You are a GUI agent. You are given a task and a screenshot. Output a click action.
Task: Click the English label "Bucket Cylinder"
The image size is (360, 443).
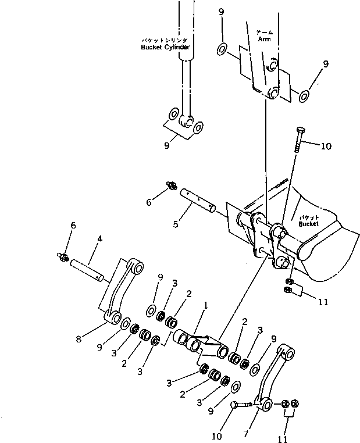[x=165, y=47]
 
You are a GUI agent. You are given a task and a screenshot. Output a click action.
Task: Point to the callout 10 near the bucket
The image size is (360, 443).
[x=325, y=146]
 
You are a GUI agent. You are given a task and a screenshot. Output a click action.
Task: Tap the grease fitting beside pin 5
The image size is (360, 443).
[x=172, y=185]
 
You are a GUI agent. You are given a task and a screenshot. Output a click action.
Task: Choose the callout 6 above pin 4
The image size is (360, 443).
[x=73, y=226]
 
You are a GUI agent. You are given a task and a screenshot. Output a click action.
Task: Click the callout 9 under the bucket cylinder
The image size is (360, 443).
[x=167, y=145]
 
